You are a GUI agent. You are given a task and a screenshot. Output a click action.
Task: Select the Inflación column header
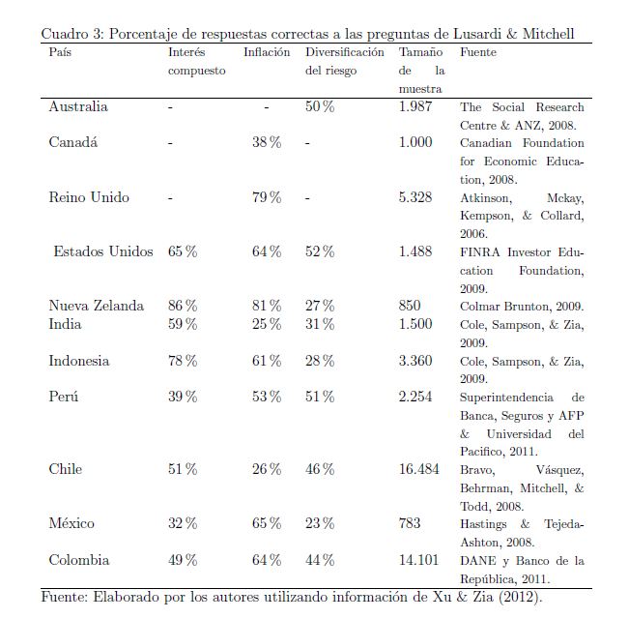[x=267, y=52]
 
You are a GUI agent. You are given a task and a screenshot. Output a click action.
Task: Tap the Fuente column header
[x=478, y=52]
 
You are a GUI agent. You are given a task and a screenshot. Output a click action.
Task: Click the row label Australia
[x=78, y=106]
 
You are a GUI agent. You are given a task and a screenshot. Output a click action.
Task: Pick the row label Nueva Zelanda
[x=97, y=306]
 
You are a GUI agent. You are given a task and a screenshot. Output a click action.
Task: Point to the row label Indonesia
[x=79, y=361]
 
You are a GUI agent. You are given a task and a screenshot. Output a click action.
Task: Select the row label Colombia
[x=79, y=560]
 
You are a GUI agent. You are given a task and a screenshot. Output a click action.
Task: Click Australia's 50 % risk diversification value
[x=320, y=106]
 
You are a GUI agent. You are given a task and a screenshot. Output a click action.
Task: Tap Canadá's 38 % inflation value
[x=267, y=142]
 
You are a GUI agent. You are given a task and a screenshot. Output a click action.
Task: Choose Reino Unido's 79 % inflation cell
[x=267, y=197]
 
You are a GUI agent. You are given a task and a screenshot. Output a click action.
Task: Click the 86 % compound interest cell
[x=183, y=306]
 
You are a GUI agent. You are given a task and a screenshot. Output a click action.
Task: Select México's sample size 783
[x=410, y=523]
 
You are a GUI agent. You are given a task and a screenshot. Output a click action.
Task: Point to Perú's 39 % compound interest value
[x=183, y=397]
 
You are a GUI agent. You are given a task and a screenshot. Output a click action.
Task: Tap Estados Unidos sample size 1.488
[x=415, y=251]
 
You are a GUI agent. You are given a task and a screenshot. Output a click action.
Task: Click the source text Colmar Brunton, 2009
[x=522, y=307]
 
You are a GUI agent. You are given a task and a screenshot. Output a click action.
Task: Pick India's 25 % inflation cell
[x=267, y=324]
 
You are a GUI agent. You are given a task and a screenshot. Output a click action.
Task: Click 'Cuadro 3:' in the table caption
[x=72, y=34]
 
